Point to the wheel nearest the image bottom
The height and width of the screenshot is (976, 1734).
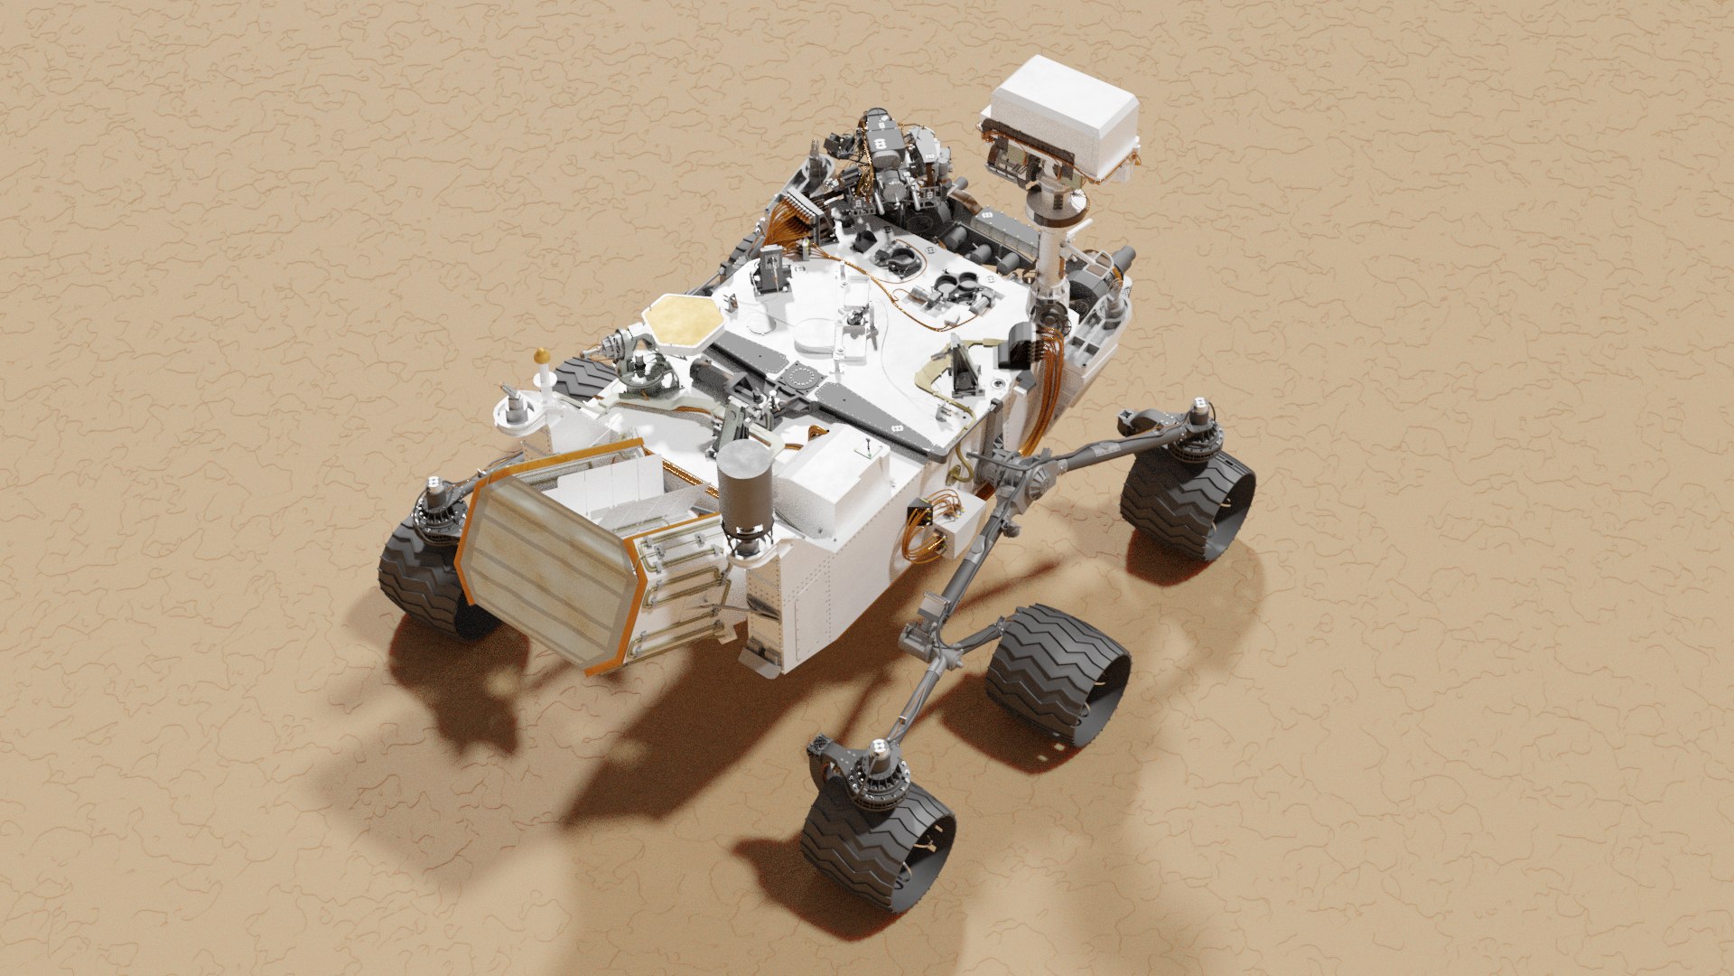click(x=876, y=840)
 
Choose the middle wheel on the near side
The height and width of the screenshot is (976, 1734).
click(x=1057, y=673)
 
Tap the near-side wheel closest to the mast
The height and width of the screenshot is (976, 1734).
click(x=1188, y=502)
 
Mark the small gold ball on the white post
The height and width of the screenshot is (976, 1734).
click(x=541, y=353)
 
